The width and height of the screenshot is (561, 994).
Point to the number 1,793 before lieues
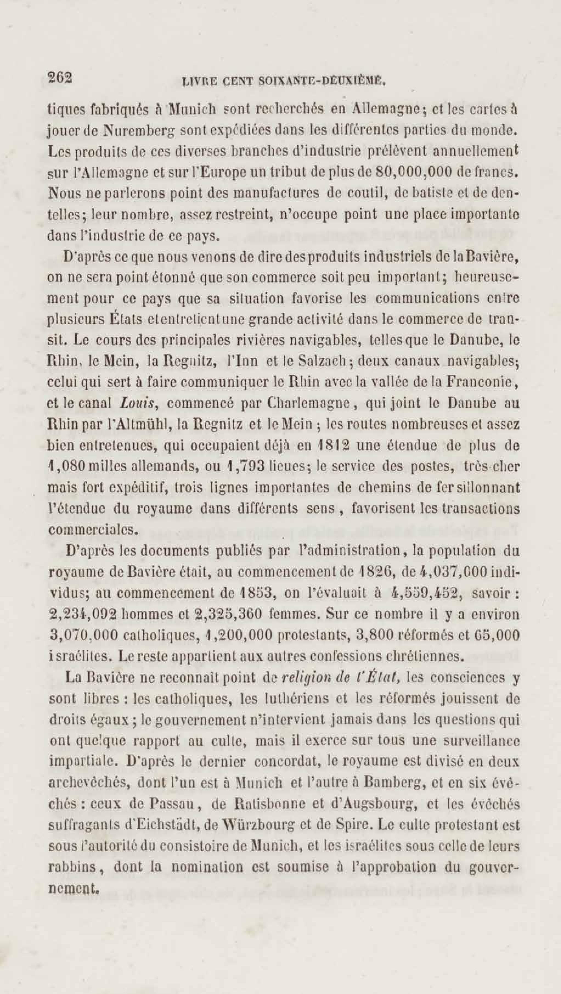(x=246, y=466)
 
